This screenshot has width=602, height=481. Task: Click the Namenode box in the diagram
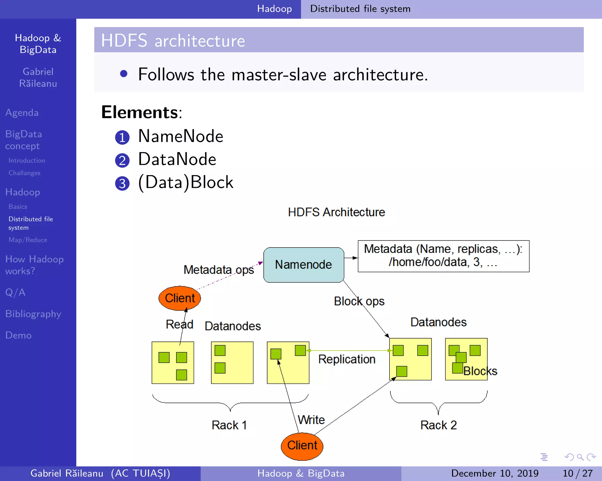(x=304, y=265)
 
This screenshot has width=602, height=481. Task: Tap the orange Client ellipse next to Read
(x=180, y=298)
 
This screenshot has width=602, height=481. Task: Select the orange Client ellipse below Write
(x=302, y=445)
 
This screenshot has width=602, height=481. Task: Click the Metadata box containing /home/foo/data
(x=443, y=256)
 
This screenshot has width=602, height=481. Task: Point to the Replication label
(x=347, y=359)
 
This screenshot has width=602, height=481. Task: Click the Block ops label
(x=359, y=301)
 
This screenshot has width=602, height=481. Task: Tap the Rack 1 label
(x=229, y=425)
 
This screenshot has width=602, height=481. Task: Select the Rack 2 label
(x=438, y=425)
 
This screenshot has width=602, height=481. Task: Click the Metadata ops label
(x=219, y=270)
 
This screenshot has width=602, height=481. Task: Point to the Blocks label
(x=480, y=371)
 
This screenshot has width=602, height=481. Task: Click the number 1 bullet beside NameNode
(x=122, y=137)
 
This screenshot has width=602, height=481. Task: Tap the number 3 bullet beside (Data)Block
(x=122, y=184)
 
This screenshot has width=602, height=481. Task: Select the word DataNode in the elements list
(x=177, y=159)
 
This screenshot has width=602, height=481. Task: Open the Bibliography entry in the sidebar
(x=33, y=314)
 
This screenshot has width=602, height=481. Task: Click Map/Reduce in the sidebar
(x=28, y=240)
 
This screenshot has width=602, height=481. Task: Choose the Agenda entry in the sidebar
(x=22, y=113)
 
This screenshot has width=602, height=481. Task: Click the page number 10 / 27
(x=577, y=473)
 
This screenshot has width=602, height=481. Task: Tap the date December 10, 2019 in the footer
(x=495, y=473)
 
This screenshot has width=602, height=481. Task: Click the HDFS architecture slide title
(x=173, y=41)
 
